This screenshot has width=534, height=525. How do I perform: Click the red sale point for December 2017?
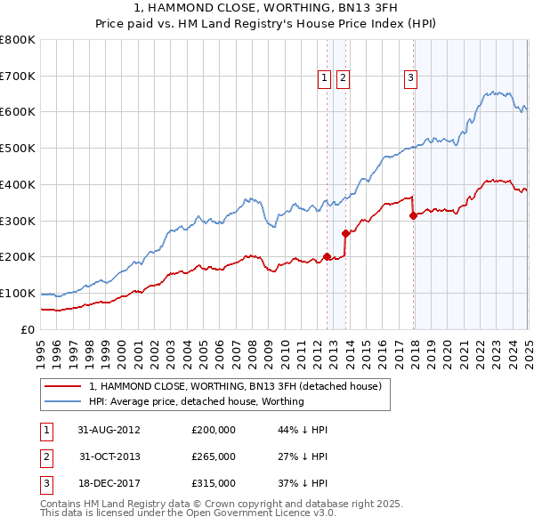click(x=413, y=214)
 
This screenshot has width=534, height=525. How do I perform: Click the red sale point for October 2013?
click(x=345, y=233)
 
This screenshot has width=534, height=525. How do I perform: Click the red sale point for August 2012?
click(x=327, y=256)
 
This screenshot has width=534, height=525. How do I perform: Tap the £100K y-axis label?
click(x=18, y=293)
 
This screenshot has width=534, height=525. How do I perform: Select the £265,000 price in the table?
click(x=214, y=456)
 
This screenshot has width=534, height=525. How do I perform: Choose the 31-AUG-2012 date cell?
click(x=109, y=429)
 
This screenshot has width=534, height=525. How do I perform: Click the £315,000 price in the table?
click(x=214, y=484)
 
